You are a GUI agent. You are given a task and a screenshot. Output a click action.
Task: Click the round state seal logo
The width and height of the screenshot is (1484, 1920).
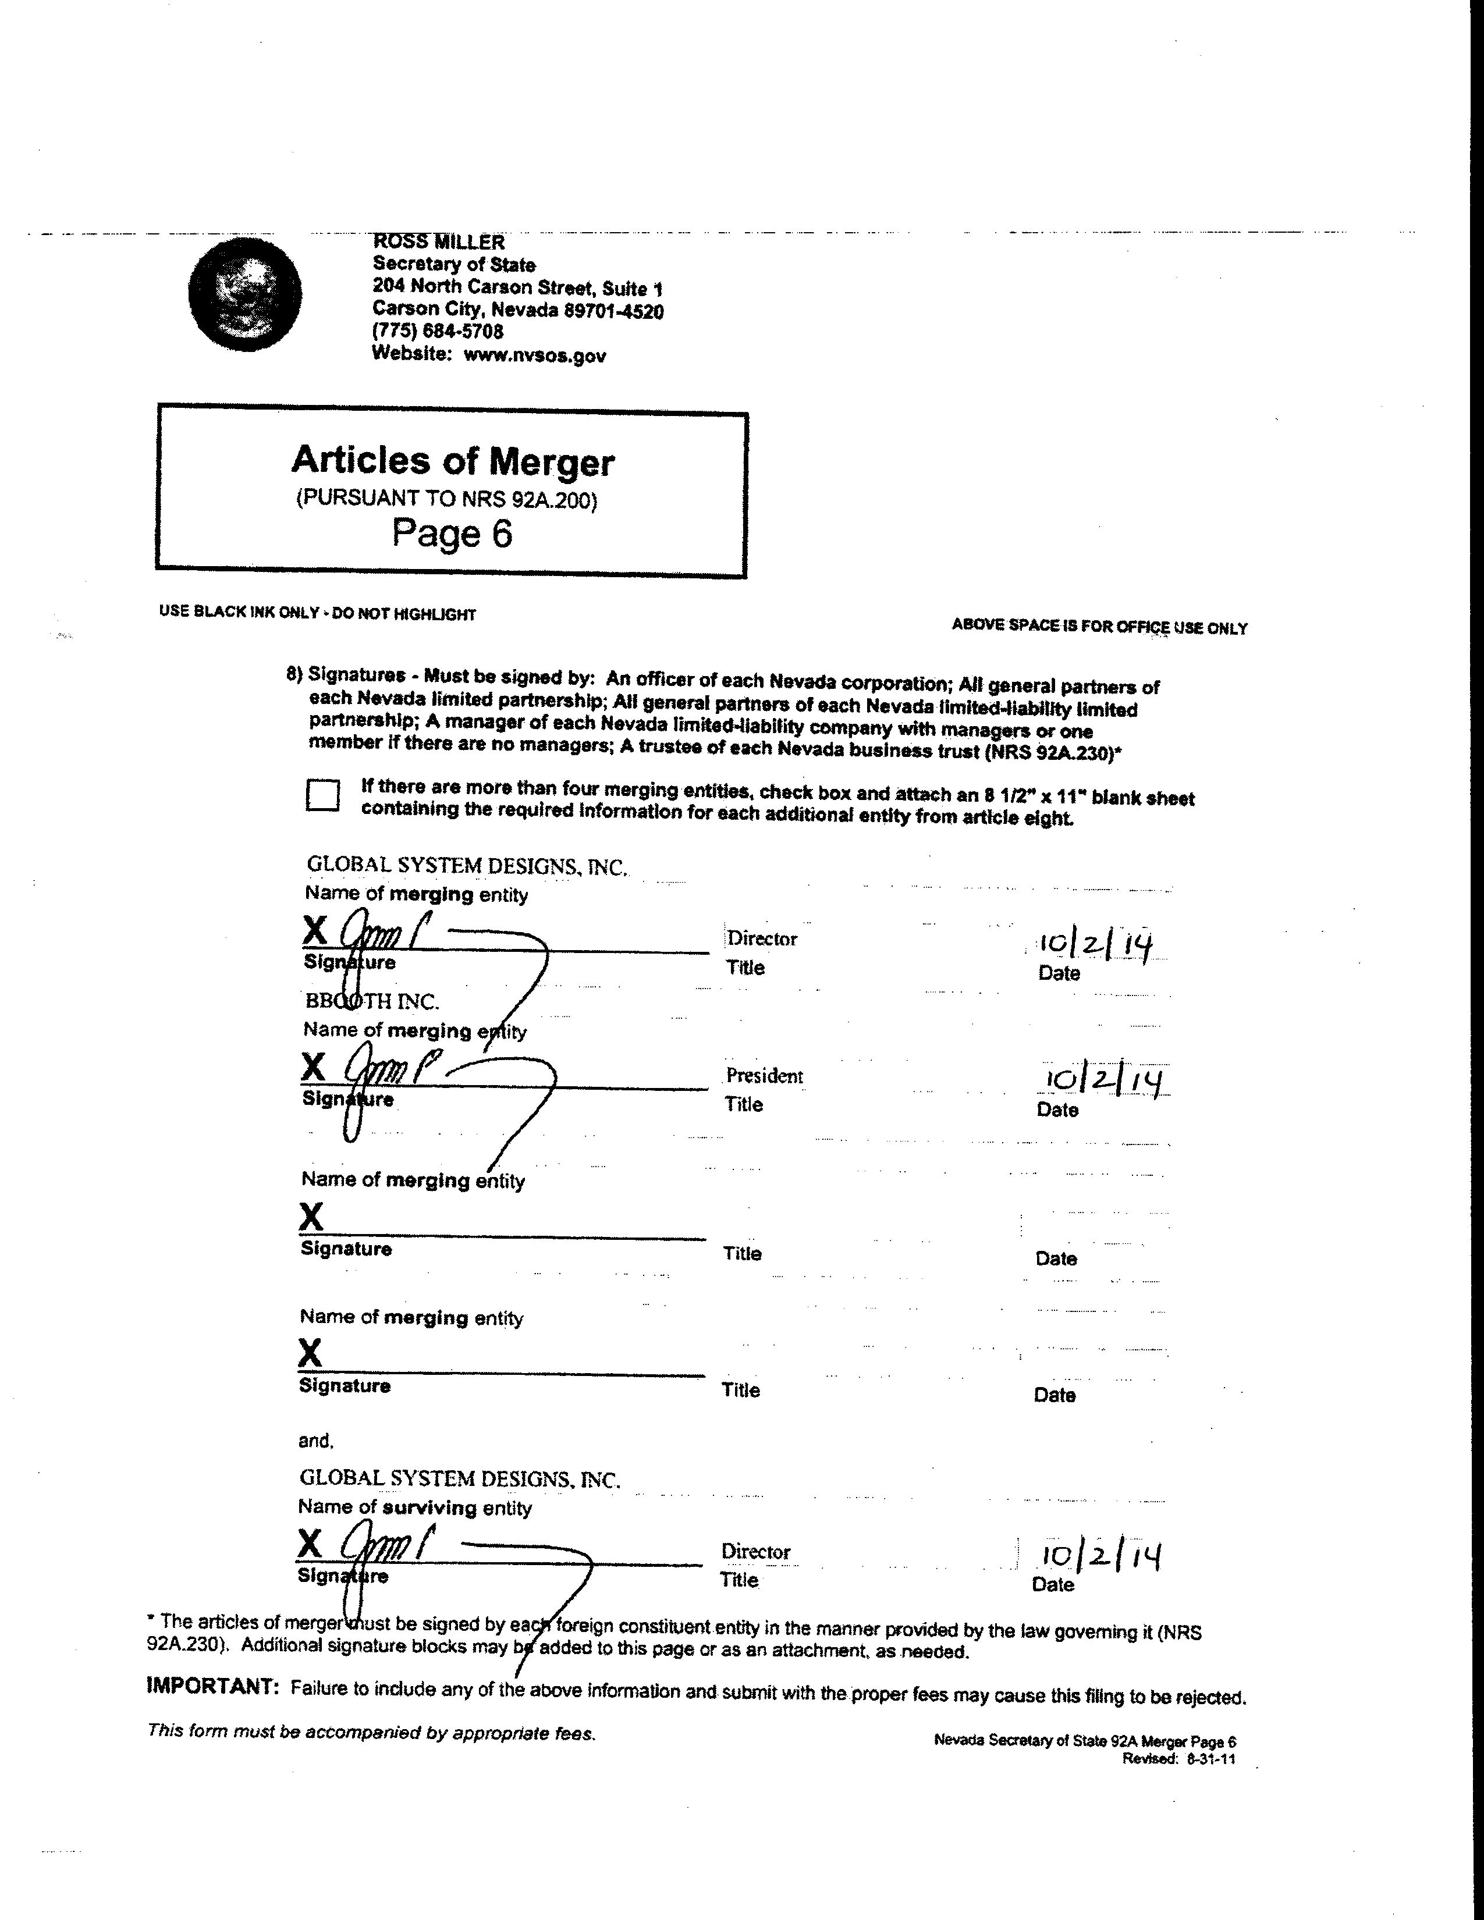[244, 294]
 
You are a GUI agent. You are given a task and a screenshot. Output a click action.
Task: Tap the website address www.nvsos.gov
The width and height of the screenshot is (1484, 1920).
[534, 355]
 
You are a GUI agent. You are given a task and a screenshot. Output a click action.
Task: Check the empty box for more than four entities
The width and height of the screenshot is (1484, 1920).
[322, 795]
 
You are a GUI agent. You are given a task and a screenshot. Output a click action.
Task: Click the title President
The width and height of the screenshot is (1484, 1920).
[764, 1076]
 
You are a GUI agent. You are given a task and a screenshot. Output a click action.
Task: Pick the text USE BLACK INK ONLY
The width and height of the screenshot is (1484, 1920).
[238, 612]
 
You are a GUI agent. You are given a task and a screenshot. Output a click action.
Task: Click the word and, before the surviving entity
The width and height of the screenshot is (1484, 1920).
[315, 1441]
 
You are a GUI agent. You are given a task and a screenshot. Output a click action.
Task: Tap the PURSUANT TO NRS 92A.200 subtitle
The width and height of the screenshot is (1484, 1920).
[446, 499]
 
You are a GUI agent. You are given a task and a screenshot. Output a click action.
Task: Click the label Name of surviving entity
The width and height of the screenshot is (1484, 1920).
[415, 1507]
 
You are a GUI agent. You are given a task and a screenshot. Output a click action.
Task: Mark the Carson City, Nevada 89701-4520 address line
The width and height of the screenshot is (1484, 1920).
[518, 310]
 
